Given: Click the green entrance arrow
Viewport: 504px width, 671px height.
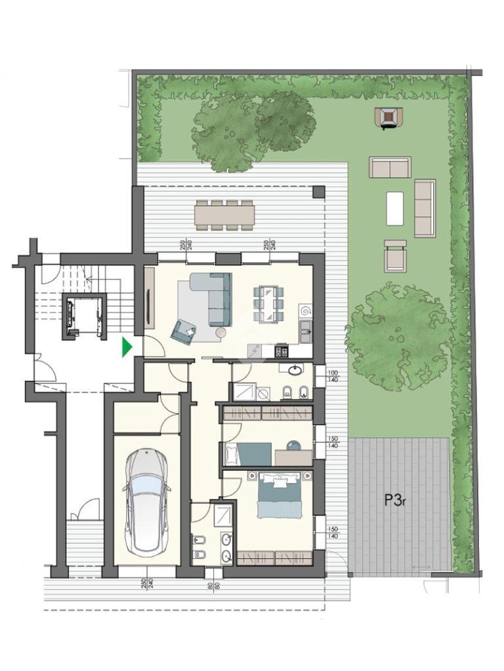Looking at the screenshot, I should pos(127,347).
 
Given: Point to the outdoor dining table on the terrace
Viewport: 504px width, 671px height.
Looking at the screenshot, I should pos(224,214).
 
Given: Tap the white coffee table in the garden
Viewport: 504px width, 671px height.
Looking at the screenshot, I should pos(395,208).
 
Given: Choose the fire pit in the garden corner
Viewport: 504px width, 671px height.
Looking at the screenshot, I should pos(388,118).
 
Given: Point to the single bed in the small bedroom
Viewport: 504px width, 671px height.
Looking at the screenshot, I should pos(248,454).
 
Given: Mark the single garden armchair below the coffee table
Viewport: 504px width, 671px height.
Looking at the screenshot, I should pos(395,256).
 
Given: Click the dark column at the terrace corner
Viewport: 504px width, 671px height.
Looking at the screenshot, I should pos(318,192).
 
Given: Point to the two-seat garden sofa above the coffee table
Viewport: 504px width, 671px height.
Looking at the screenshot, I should pos(390,167).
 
